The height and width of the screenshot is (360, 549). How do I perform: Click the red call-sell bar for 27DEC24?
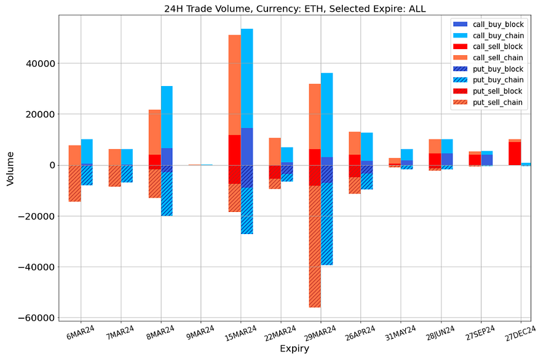coord(515,154)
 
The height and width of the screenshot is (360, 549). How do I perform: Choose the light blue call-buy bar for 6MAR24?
coord(87,152)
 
